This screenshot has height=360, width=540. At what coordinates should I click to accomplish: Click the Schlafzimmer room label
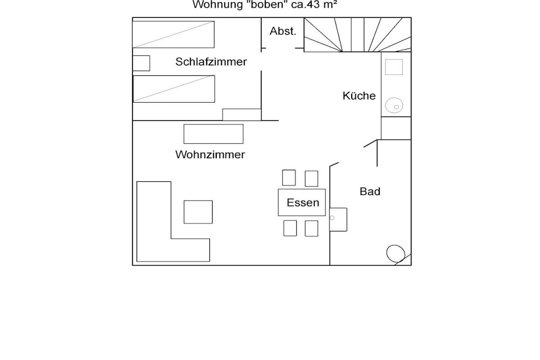click(211, 62)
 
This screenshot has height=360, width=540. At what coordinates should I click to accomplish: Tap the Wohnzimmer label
click(210, 154)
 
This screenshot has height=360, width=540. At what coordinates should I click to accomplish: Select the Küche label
click(359, 96)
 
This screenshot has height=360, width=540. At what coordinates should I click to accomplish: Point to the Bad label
click(370, 191)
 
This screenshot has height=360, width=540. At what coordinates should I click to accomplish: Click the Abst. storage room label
click(283, 31)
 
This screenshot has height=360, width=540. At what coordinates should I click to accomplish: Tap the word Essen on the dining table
click(303, 203)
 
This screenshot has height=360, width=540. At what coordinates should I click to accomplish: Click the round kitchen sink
click(394, 105)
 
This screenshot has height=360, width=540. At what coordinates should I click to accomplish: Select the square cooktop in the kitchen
click(394, 67)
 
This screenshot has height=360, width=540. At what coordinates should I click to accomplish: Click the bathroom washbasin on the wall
click(338, 220)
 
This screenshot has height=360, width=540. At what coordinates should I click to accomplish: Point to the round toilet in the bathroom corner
click(396, 254)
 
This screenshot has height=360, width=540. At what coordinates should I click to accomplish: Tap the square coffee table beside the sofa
click(198, 212)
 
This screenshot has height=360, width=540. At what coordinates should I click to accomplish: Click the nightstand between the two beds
click(141, 63)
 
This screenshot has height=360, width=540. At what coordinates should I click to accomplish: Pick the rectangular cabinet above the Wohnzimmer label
click(214, 134)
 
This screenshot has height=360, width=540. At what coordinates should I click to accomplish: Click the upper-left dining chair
click(289, 178)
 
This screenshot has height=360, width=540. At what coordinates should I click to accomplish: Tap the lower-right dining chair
click(311, 229)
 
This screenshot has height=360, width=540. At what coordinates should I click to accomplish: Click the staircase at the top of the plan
click(358, 35)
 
